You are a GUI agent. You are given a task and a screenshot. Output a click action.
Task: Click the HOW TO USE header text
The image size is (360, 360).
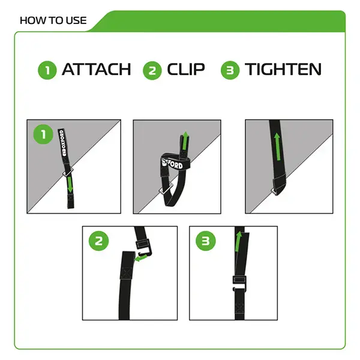(x=53, y=20)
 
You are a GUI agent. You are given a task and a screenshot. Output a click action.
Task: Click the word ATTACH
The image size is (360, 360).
(x=96, y=70)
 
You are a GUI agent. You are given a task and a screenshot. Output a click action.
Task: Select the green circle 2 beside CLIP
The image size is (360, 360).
(x=152, y=70)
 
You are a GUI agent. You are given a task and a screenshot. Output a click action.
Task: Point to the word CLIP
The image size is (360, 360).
(x=187, y=70)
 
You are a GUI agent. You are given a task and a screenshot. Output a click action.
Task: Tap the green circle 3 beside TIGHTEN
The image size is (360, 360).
(x=230, y=70)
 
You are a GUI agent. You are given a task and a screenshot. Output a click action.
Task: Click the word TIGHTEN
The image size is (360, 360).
(x=283, y=70)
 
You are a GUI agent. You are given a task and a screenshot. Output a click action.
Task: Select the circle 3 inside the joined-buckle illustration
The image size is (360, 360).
(x=205, y=241)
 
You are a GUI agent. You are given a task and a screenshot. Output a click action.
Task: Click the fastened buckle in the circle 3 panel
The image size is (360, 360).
(x=239, y=281)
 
